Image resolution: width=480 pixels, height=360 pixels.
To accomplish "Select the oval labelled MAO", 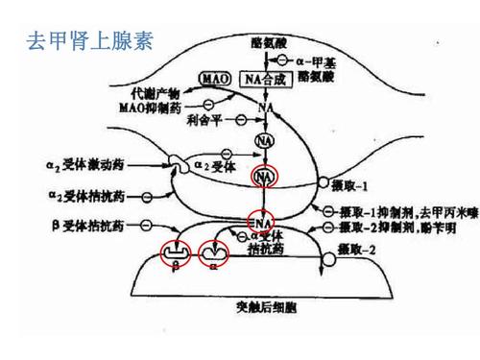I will pyautogui.click(x=212, y=78).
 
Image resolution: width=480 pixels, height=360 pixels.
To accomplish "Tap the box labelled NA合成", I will pyautogui.click(x=264, y=78).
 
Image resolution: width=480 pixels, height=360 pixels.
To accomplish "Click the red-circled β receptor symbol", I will pyautogui.click(x=176, y=252).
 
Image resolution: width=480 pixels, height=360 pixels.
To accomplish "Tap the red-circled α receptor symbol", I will pyautogui.click(x=213, y=252).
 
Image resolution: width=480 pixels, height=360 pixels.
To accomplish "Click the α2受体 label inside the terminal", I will pyautogui.click(x=217, y=167).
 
